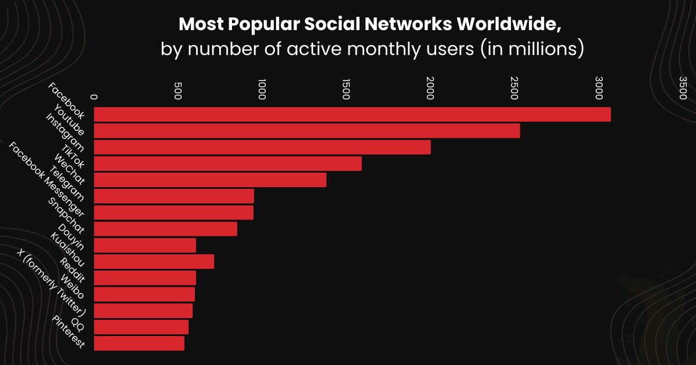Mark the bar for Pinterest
point(139,343)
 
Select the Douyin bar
point(145,245)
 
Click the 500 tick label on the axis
point(178,89)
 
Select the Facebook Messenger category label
point(46,180)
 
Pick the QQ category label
point(78,323)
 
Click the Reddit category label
point(72,269)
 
